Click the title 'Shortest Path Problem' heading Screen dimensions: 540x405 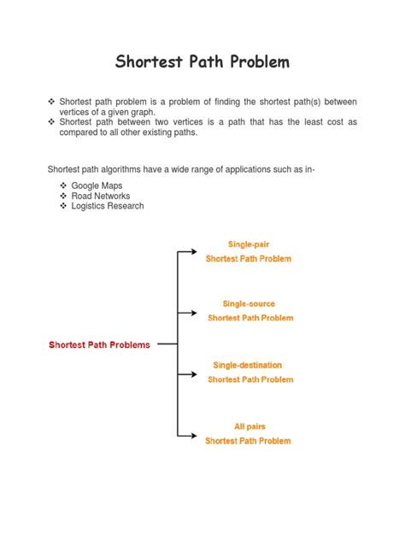pos(202,62)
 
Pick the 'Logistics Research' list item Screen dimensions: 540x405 pos(108,206)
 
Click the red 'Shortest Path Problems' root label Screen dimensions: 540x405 pos(99,345)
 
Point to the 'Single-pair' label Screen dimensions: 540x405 pos(249,244)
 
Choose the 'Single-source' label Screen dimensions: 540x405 pos(249,303)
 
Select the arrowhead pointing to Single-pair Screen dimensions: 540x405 pos(197,252)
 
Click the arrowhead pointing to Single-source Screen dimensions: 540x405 pos(197,314)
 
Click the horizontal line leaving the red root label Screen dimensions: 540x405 pos(167,344)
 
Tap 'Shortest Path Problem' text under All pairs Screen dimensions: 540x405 pos(248,441)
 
